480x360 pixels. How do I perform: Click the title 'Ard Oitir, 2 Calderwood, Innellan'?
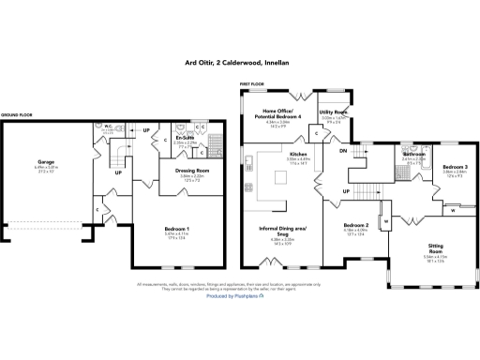pos(240,65)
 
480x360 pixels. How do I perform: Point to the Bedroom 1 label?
pos(176,229)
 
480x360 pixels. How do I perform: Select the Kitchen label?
pos(298,154)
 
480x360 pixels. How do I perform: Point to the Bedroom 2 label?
pos(354,227)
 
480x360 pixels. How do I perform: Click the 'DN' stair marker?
pos(343,151)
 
